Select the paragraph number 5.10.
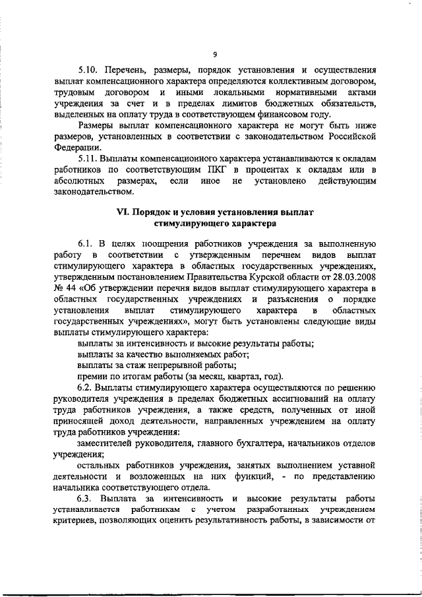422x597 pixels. click(88, 69)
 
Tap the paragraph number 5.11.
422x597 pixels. click(88, 160)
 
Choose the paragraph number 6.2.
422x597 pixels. click(86, 385)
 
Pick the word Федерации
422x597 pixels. click(75, 149)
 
